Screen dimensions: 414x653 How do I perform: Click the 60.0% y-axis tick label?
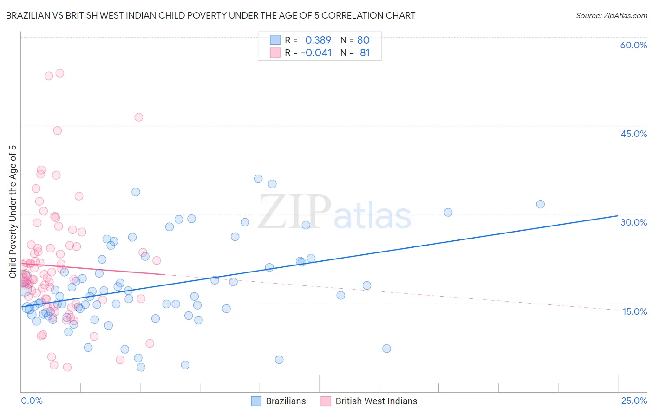[633, 45]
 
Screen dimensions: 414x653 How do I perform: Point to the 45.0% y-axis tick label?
[633, 134]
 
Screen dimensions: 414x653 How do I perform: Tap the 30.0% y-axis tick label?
[633, 222]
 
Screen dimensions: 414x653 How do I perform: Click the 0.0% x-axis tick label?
[32, 401]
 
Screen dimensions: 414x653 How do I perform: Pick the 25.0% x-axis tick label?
[634, 401]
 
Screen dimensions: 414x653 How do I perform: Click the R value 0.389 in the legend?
[318, 40]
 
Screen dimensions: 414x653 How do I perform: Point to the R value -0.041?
[316, 52]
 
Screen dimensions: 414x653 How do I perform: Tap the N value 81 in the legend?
[365, 52]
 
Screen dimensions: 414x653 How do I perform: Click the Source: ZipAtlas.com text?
[611, 15]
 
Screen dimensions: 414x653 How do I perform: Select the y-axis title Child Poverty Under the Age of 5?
[13, 211]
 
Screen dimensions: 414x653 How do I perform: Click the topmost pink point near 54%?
[59, 73]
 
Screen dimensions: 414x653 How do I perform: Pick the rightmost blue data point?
[540, 204]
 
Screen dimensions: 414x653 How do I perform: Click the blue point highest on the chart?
[258, 179]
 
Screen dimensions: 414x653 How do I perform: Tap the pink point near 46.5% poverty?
[138, 117]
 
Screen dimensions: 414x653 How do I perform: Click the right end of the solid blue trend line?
[618, 215]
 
